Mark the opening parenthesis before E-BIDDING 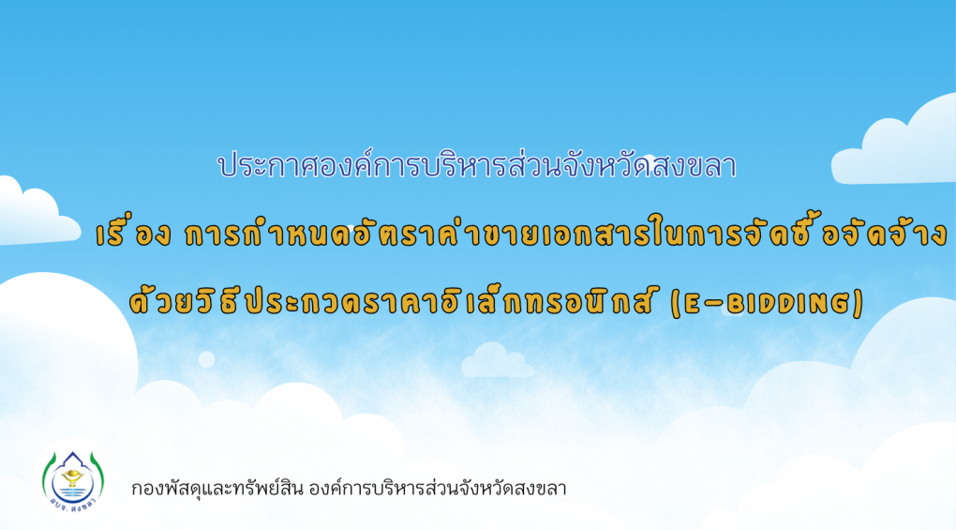[x=675, y=304]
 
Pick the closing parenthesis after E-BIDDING [x=859, y=304]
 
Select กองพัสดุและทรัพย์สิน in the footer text [x=217, y=489]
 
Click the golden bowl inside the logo [x=72, y=477]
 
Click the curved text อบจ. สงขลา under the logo [x=73, y=505]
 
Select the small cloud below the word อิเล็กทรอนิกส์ [x=497, y=360]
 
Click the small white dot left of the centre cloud [x=207, y=359]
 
